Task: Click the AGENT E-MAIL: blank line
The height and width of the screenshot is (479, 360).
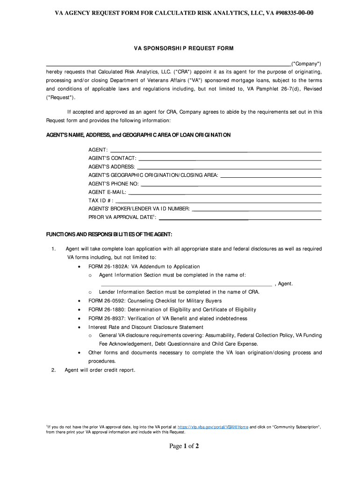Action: point(225,194)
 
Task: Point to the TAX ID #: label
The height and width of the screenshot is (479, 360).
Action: point(101,200)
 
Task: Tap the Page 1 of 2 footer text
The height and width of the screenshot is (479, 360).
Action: point(184,446)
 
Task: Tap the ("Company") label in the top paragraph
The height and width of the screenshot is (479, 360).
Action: point(306,63)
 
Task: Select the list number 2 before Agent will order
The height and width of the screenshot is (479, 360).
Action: point(54,370)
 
